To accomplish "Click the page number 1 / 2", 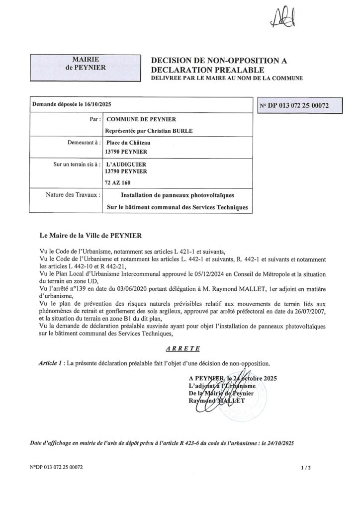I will point(305,468).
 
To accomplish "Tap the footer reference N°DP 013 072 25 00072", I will point(56,468).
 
